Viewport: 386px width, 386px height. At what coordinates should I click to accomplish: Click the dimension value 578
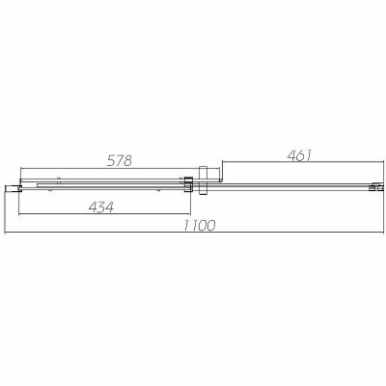pos(119,160)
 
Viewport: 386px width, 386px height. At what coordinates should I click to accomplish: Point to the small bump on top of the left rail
pos(59,179)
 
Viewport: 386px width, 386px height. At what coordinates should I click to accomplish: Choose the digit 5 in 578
pos(108,160)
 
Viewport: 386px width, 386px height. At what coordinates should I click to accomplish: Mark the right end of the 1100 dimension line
pos(377,233)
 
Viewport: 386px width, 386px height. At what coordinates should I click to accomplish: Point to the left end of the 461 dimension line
pos(223,162)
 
